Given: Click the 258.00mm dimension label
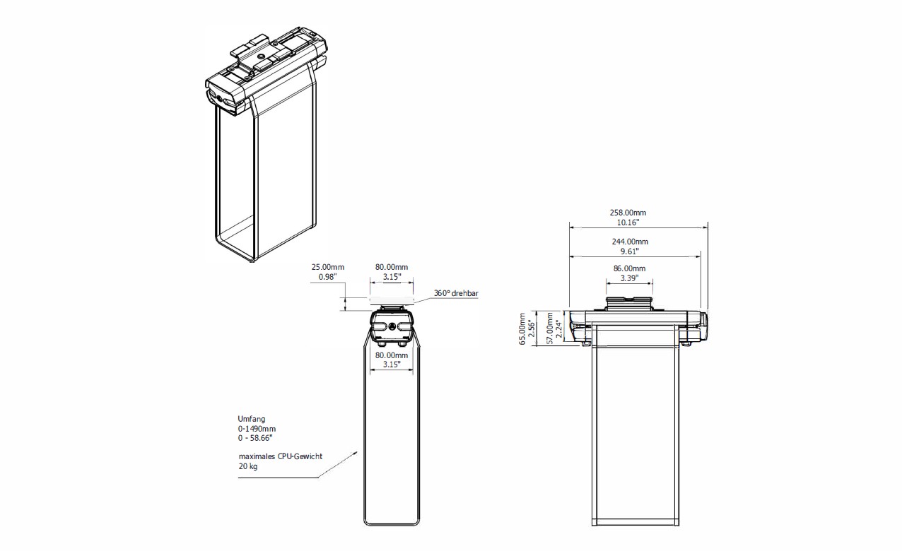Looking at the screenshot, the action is click(628, 213).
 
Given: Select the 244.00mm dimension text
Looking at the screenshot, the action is click(630, 242).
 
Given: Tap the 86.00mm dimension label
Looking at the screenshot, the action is click(629, 268).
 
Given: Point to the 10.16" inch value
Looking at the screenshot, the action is click(628, 223).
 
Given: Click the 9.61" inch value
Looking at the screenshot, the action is click(630, 251).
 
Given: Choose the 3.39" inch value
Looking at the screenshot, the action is click(629, 278).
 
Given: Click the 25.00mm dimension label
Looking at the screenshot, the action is click(328, 267).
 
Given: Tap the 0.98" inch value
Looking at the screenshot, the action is click(328, 277).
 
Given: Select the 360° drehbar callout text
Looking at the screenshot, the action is click(456, 293).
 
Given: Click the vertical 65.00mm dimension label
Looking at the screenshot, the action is click(522, 328).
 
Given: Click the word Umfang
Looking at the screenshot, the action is click(251, 419).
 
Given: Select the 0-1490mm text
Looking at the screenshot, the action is click(257, 429).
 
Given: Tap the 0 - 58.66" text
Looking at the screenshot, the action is click(255, 438).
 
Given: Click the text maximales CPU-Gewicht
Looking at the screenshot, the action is click(281, 456).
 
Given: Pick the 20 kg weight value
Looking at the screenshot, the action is click(248, 466).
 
